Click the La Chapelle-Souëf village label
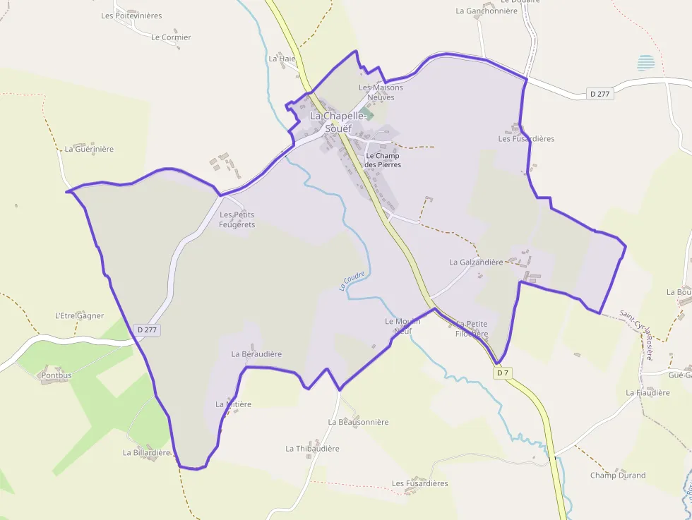coord(338,122)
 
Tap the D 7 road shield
coord(502,373)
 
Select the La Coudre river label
coord(352,281)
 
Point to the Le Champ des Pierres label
coord(383,160)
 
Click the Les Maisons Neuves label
coord(381,92)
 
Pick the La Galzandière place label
coord(476,262)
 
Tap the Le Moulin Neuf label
coord(402,325)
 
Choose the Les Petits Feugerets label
coord(237,219)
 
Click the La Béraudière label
coord(256,353)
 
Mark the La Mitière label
coord(233,404)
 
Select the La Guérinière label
coord(89,149)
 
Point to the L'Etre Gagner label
coord(79,315)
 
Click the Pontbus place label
coord(56,375)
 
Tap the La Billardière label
coord(147,452)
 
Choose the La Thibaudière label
coord(312,448)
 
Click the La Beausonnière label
coord(358,422)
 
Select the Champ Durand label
coord(618,475)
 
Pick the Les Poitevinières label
coord(131,16)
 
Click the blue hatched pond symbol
coord(645,63)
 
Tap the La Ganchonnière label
coord(487,11)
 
